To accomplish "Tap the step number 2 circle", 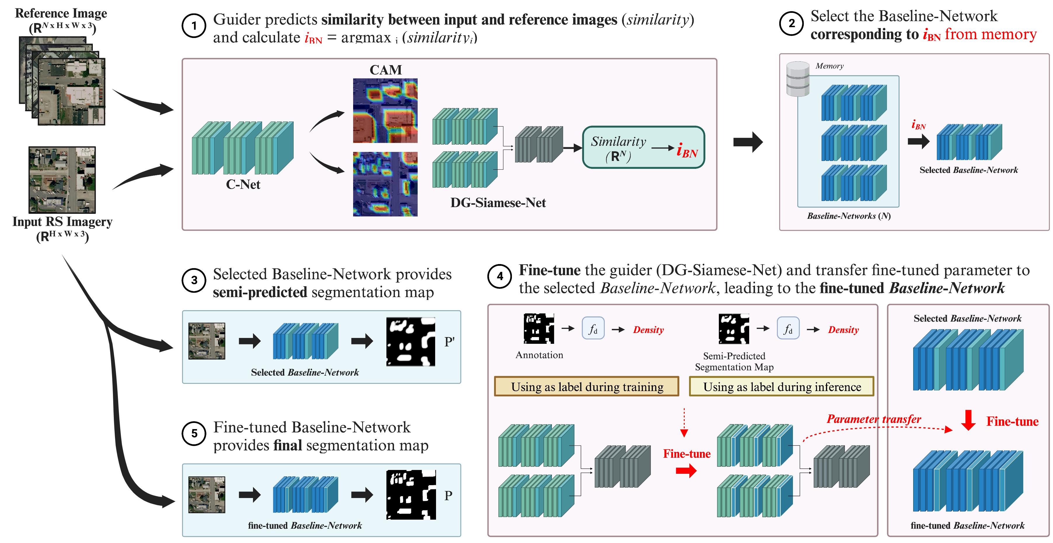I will coord(792,23).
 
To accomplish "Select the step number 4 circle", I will coord(500,277).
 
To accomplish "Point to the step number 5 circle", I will coord(194,434).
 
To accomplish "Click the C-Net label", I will coord(243,185).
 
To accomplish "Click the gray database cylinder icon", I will coord(798,79).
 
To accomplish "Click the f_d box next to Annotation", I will coord(593,329).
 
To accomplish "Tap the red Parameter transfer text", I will coord(874,419).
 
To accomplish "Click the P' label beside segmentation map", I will coord(449,342).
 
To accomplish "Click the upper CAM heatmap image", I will coord(385,110).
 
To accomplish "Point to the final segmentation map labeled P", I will coord(411,495).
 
